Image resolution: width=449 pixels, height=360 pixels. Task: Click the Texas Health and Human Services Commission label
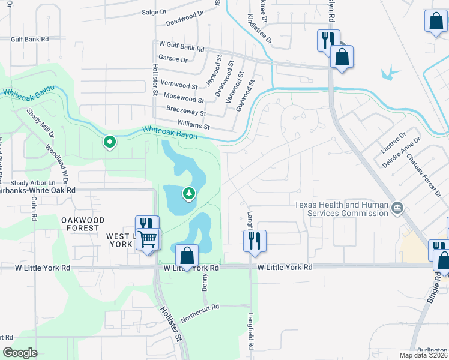[x=341, y=208]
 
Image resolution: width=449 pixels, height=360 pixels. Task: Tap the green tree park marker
[x=189, y=193]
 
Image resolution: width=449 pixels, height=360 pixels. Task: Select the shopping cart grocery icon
[x=148, y=239]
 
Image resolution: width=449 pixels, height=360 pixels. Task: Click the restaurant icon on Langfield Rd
[x=255, y=240]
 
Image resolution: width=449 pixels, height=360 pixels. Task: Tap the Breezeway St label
[x=186, y=112]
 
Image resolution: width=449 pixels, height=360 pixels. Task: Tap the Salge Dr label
[x=154, y=11]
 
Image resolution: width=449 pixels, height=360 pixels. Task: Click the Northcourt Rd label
[x=200, y=313]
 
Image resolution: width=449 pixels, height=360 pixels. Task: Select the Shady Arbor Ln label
[x=32, y=183]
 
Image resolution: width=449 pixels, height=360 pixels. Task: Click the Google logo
[x=20, y=353]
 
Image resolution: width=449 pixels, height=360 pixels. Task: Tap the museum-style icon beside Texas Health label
[x=397, y=209]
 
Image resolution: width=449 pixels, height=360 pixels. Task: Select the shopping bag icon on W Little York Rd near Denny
[x=188, y=255]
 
